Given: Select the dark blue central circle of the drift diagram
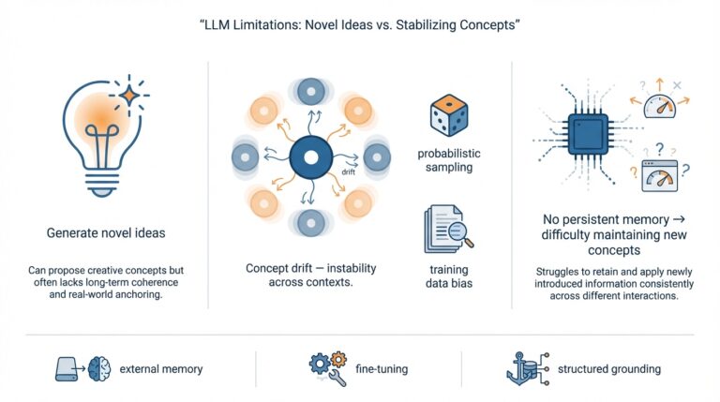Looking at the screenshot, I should click(309, 156).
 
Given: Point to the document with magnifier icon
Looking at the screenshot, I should click(443, 229).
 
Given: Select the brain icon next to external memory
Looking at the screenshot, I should click(98, 369).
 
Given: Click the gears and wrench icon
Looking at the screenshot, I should click(321, 368).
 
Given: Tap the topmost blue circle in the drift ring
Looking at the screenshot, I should click(309, 91).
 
